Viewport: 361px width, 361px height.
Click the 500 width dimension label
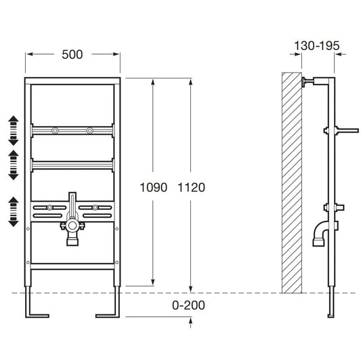(x=72, y=55)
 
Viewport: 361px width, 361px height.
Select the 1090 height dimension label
(x=153, y=188)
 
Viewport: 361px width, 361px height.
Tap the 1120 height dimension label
(x=191, y=188)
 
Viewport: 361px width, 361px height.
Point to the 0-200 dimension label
(x=188, y=305)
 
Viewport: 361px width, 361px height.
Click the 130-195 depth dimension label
(x=317, y=45)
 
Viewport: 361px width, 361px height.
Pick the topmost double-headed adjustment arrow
(x=14, y=131)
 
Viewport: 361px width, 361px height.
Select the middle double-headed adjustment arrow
(x=14, y=165)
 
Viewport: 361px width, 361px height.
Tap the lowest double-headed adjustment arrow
(x=14, y=211)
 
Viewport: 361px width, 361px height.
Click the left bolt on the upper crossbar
(x=55, y=131)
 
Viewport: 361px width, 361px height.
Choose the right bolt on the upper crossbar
(x=90, y=131)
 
